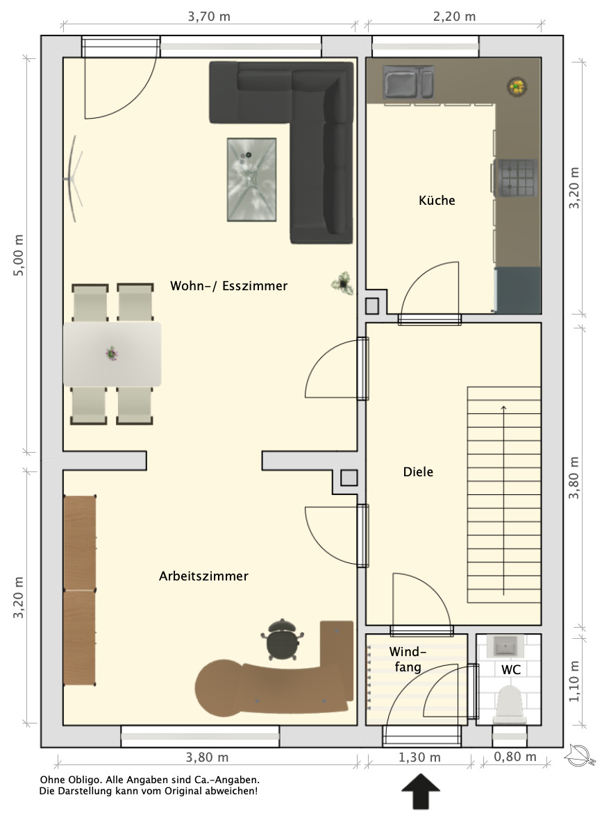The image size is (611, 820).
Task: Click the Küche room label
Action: (437, 200)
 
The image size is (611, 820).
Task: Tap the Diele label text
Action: (418, 471)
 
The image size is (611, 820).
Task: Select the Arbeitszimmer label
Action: (203, 576)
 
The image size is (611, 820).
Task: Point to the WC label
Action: (510, 670)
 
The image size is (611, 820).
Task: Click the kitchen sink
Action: (408, 82)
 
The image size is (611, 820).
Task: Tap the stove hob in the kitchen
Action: (517, 177)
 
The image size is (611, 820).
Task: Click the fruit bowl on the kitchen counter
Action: (517, 86)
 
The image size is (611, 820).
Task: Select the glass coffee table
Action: (251, 179)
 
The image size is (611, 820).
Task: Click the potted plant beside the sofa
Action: (342, 283)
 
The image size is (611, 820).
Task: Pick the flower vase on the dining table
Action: (111, 353)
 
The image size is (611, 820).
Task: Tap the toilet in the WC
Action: (510, 705)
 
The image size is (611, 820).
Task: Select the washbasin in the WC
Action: (505, 646)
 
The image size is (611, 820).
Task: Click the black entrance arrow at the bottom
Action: (421, 792)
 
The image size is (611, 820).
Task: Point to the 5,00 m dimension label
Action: (18, 255)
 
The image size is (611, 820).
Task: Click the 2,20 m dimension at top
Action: (454, 16)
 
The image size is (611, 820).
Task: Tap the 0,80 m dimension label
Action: (515, 757)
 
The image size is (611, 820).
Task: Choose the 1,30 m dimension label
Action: (419, 758)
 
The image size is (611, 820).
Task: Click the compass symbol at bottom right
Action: (580, 755)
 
